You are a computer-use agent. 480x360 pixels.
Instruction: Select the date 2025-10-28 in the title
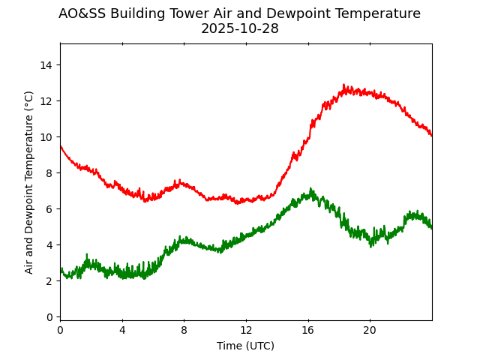(x=239, y=28)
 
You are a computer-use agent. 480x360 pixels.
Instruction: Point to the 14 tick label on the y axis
(x=46, y=65)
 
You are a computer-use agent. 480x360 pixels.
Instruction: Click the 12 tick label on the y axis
(x=46, y=101)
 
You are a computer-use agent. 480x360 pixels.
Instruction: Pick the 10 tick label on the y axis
(x=46, y=137)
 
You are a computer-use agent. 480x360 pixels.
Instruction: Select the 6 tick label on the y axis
(x=49, y=209)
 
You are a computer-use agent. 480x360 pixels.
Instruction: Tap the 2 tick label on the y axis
(x=49, y=281)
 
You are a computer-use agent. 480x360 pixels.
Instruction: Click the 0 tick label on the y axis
(x=49, y=317)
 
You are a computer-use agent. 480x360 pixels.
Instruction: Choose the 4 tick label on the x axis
(x=122, y=331)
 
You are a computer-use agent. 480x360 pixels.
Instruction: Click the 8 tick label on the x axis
(x=184, y=331)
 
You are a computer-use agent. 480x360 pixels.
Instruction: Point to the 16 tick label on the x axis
(x=307, y=331)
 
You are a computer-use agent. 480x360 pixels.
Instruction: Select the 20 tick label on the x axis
(x=370, y=331)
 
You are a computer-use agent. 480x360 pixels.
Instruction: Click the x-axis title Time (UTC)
(x=245, y=346)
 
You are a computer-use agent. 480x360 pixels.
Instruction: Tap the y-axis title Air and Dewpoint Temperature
(x=29, y=182)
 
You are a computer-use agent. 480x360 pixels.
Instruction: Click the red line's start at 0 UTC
(x=61, y=146)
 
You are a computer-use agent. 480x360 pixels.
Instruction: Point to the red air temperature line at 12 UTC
(x=246, y=201)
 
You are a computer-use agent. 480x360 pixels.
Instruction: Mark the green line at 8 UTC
(x=184, y=241)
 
